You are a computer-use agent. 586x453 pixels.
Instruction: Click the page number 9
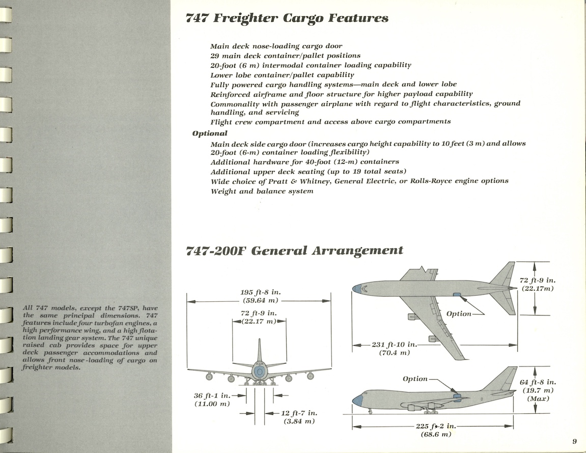[x=574, y=441]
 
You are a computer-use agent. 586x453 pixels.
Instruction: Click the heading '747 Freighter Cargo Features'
[x=287, y=19]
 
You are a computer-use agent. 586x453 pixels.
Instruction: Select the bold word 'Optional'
[x=210, y=133]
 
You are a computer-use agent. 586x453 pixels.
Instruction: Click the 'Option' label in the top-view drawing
[x=459, y=314]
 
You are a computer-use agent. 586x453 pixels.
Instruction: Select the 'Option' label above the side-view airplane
[x=415, y=379]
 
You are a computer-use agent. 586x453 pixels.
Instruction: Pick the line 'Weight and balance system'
[x=262, y=191]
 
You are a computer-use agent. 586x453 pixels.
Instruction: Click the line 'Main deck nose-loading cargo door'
[x=276, y=46]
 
